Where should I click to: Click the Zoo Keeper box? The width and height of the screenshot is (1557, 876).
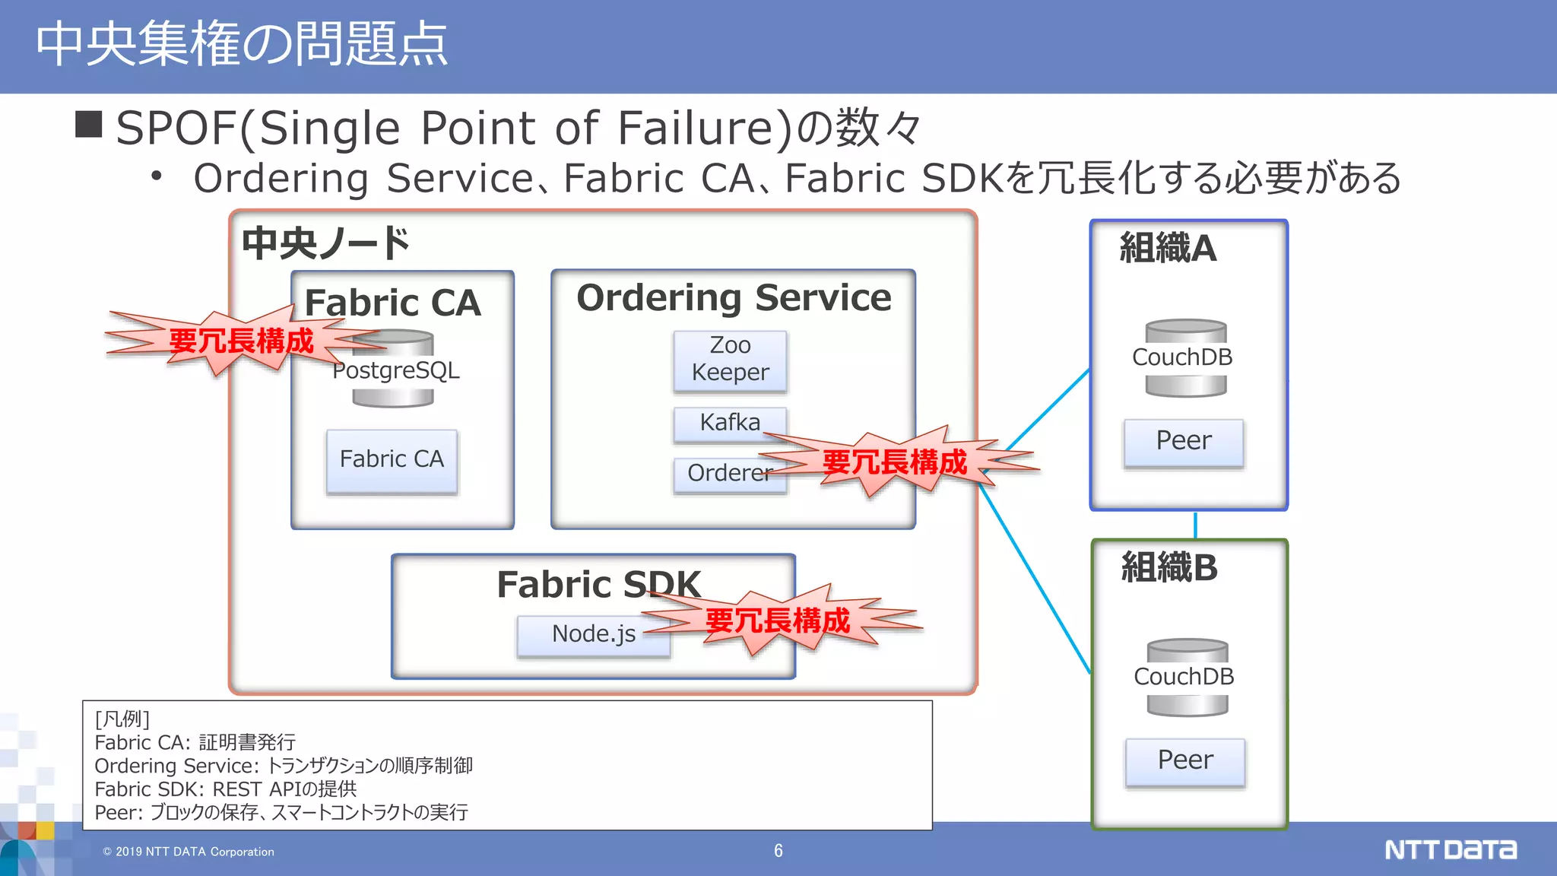730,360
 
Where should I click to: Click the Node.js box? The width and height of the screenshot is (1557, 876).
592,634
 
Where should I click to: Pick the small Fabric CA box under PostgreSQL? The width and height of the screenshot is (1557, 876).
392,461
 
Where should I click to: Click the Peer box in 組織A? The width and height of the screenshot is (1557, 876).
1183,442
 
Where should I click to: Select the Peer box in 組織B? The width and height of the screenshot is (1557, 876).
1184,761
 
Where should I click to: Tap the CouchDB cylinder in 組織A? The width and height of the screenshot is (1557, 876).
1185,358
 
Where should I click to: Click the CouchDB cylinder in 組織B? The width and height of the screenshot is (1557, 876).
1187,678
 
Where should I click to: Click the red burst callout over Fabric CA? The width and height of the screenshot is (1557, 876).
240,341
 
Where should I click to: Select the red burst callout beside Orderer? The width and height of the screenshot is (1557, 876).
895,462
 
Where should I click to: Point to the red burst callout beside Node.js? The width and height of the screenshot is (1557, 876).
777,620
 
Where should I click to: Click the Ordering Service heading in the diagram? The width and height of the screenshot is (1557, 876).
733,297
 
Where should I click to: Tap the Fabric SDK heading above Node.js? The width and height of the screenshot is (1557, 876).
598,584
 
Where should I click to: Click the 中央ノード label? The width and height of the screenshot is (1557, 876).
325,243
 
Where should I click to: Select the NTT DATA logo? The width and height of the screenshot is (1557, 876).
1449,849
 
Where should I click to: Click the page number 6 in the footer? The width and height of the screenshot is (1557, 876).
778,851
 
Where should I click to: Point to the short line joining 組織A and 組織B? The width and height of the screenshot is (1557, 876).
1195,525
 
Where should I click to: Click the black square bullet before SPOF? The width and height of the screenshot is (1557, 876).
89,125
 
